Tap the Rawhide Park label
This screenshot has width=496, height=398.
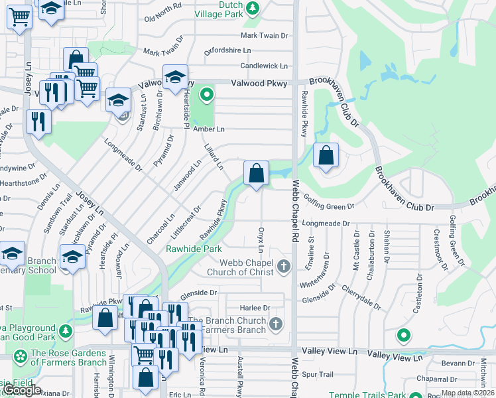point(194,249)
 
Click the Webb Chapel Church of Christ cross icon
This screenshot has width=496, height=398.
point(284,267)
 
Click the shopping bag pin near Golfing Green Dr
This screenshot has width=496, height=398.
point(326,157)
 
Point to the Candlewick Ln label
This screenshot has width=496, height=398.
point(264,66)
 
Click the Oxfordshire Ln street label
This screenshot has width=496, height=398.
point(227,50)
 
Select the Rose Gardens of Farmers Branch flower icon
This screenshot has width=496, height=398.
point(21,358)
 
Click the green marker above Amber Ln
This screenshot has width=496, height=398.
point(207,95)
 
